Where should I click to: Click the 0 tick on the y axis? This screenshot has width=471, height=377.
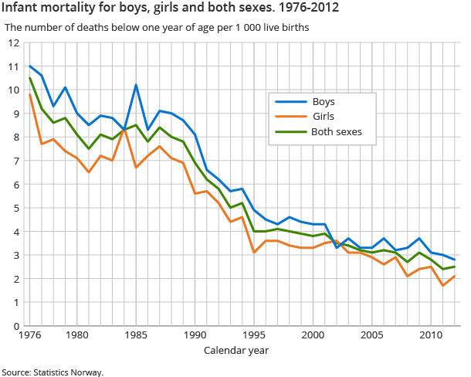pyautogui.click(x=15, y=326)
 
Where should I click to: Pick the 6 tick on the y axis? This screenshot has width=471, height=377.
pyautogui.click(x=15, y=185)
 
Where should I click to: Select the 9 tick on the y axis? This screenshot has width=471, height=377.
pyautogui.click(x=15, y=114)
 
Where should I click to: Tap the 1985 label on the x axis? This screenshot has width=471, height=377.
pyautogui.click(x=136, y=336)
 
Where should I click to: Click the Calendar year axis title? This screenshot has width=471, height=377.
pyautogui.click(x=236, y=351)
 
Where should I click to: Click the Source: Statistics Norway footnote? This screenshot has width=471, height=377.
pyautogui.click(x=53, y=372)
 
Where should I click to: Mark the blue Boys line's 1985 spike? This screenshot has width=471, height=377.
pyautogui.click(x=136, y=85)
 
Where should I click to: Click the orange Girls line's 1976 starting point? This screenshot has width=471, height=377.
pyautogui.click(x=29, y=95)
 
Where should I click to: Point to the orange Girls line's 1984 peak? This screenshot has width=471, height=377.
pyautogui.click(x=124, y=129)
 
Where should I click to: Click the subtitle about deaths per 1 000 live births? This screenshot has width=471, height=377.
pyautogui.click(x=157, y=27)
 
